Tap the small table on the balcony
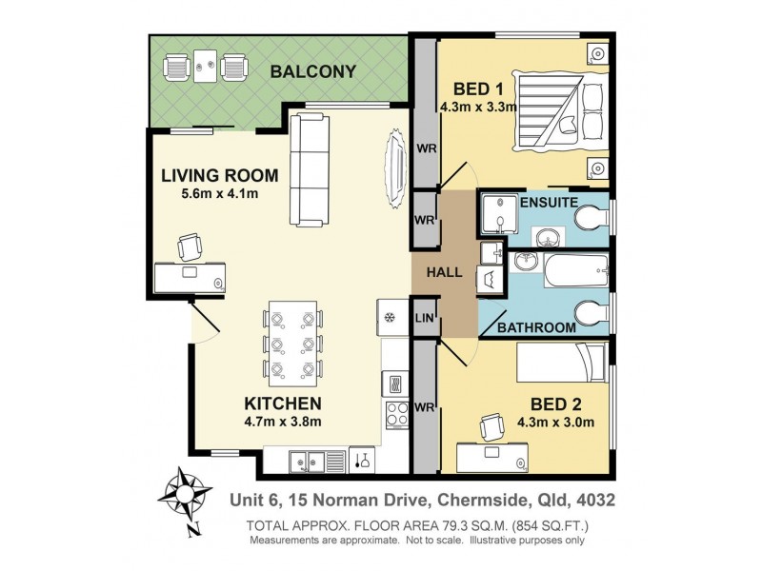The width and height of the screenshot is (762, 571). point(205,68)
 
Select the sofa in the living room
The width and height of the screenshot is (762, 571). point(309,165)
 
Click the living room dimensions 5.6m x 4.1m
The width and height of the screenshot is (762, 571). point(220,194)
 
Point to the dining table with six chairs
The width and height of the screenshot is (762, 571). point(291,343)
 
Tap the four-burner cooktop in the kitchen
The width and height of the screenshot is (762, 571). point(395,413)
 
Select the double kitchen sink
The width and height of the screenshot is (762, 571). point(309,461)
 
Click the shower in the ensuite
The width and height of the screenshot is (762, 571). point(499,215)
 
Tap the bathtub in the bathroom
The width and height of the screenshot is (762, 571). point(575,270)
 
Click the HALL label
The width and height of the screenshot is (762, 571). point(444,272)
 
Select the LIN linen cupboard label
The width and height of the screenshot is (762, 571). point(424,320)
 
